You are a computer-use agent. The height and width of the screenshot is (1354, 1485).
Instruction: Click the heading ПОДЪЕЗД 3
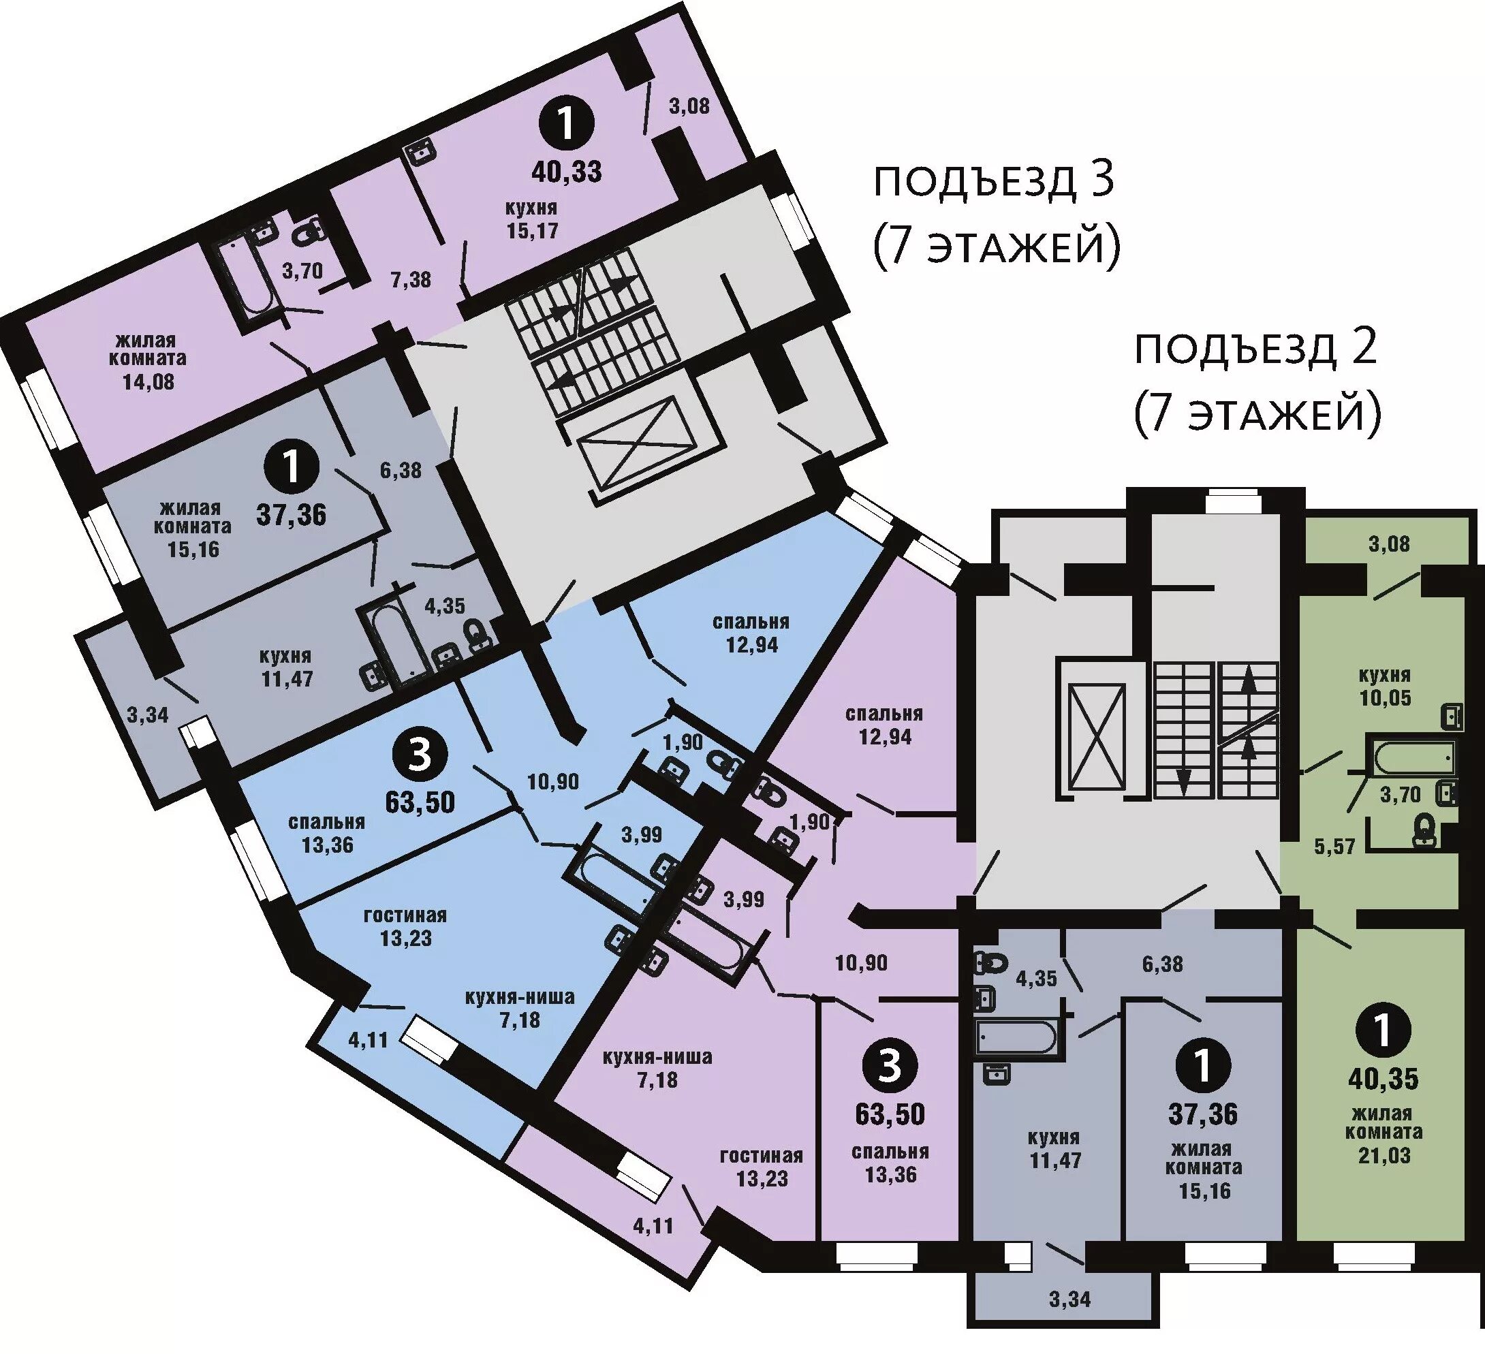(993, 182)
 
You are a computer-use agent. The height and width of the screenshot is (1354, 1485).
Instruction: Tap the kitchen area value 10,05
(1386, 697)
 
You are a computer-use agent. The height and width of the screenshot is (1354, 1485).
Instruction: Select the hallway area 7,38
(410, 279)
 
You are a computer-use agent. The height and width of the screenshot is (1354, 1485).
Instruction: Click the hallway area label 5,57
(1334, 847)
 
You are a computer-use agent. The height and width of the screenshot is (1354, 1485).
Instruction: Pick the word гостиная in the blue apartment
(405, 915)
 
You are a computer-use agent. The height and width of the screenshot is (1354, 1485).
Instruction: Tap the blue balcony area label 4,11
(368, 1041)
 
